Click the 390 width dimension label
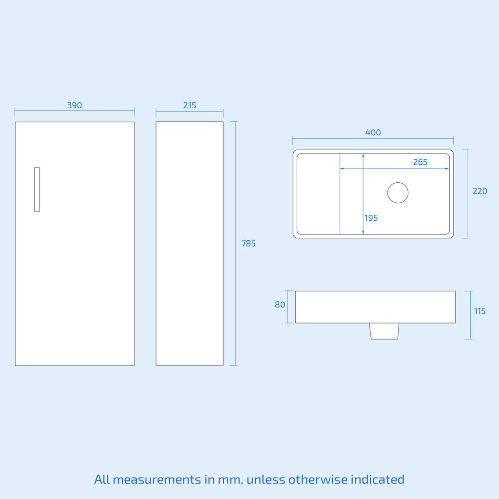(75, 105)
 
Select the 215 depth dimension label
(190, 105)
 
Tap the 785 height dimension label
(249, 244)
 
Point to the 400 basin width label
(373, 133)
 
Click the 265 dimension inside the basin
(420, 162)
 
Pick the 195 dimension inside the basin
(371, 218)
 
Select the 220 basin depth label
(480, 191)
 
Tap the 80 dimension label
(280, 305)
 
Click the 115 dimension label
(480, 311)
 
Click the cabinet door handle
(37, 190)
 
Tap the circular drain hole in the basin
(398, 192)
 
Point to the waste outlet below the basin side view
(384, 331)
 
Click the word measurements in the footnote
(157, 480)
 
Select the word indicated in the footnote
(378, 480)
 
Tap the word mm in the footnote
(229, 480)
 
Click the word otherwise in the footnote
(318, 480)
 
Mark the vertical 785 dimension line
(235, 244)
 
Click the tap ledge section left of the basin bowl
(318, 194)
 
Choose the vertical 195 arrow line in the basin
(363, 194)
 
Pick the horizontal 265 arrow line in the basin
(395, 168)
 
